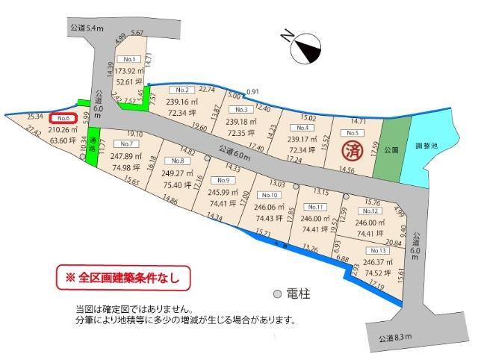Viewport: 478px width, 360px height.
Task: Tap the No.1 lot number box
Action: [129, 58]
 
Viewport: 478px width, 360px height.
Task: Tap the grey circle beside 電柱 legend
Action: [276, 294]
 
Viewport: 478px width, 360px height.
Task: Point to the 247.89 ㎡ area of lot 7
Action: [125, 156]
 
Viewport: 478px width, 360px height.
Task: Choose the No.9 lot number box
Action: [220, 180]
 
